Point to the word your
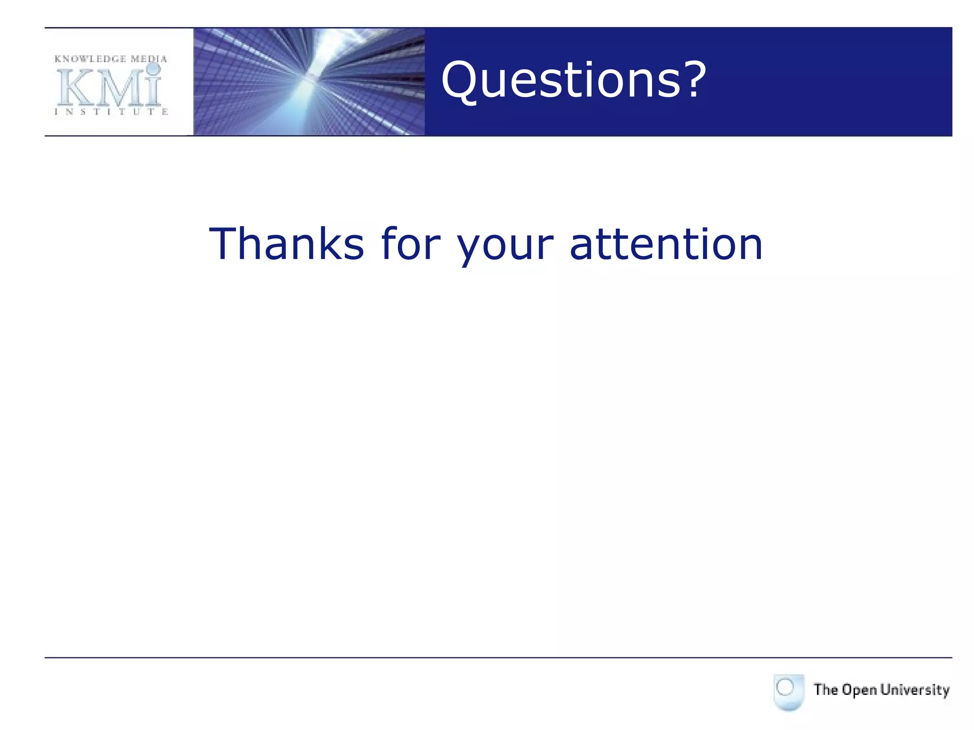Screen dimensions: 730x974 point(505,247)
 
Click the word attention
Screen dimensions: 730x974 point(666,244)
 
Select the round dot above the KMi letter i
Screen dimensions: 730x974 point(153,69)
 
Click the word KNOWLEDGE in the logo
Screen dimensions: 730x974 point(90,59)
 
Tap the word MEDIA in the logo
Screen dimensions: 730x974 point(149,59)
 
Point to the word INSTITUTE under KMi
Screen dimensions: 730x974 point(111,112)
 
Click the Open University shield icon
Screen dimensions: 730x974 point(789,692)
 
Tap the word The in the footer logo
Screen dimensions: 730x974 point(826,690)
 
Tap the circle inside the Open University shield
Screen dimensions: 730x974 point(785,687)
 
